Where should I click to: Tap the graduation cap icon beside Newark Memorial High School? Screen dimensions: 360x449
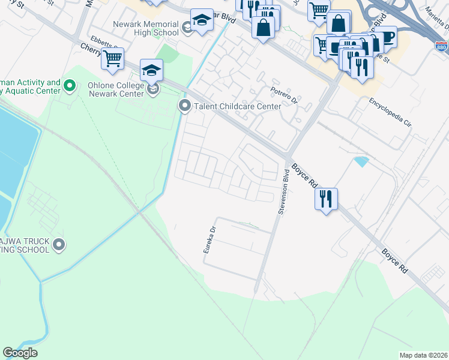pos(202,21)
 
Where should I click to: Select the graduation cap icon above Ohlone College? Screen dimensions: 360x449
pos(152,71)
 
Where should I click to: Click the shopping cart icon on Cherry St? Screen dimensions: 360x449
pos(112,59)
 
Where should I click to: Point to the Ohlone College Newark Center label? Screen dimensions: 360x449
pos(115,89)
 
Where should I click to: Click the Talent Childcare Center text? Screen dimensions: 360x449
pos(237,106)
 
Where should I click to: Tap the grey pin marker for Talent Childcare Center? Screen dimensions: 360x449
pos(184,106)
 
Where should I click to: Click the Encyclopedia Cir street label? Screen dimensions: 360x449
pos(390,115)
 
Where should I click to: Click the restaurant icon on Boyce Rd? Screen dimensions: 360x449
pos(326,199)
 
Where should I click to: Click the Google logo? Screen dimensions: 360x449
pos(20,353)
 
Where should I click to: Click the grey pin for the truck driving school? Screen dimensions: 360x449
pos(59,244)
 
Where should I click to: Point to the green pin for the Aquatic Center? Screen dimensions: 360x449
pos(70,86)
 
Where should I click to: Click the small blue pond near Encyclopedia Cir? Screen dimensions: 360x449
pos(361,161)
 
